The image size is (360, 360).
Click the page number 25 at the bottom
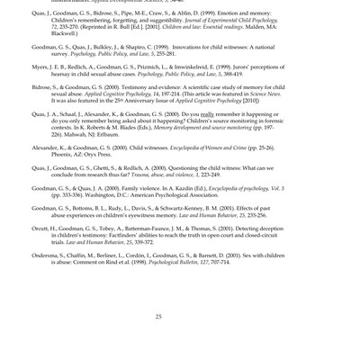point(158,316)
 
